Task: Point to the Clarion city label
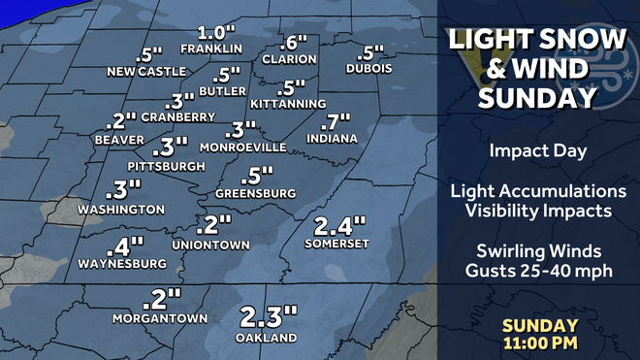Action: click(289, 58)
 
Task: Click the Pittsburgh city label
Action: click(166, 166)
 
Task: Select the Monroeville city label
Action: click(242, 147)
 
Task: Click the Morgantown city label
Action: click(160, 316)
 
